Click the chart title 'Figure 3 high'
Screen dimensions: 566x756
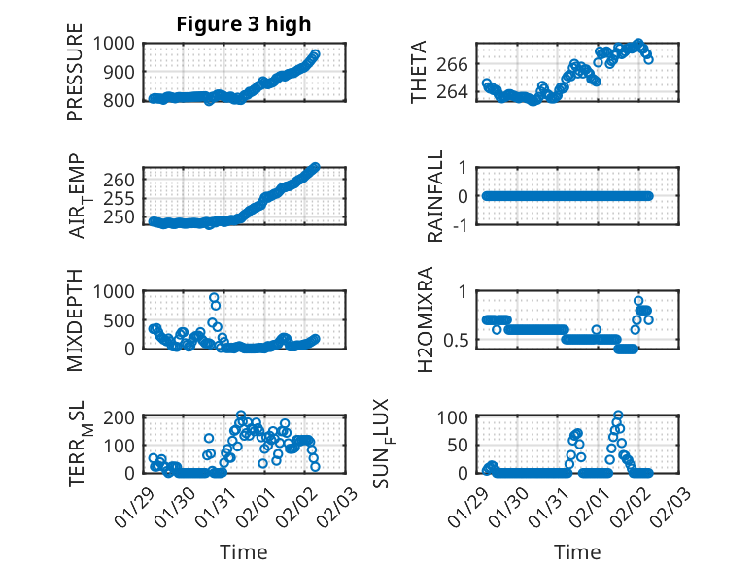(243, 24)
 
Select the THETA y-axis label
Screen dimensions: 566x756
(419, 73)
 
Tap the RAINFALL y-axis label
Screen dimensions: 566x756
(436, 196)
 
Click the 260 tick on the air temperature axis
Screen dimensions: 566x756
(124, 180)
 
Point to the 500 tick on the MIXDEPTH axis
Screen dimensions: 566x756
(124, 320)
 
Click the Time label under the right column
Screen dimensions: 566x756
(577, 552)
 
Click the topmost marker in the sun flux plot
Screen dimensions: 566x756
(618, 416)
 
